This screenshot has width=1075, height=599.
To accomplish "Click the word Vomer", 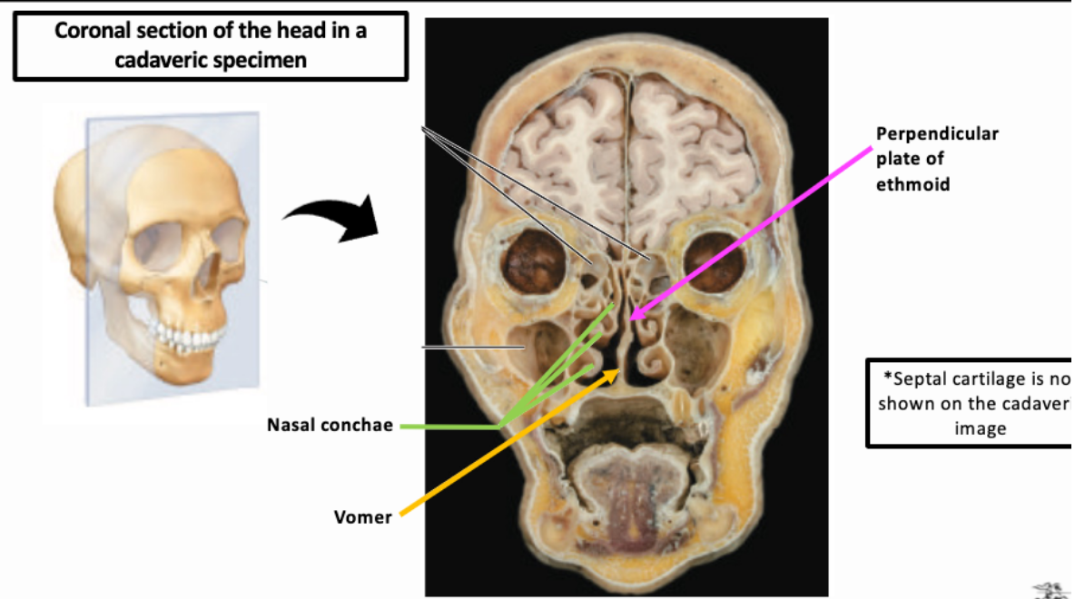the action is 363,517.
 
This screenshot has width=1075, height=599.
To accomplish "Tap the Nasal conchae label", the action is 330,425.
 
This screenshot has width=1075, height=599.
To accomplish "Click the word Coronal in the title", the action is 92,30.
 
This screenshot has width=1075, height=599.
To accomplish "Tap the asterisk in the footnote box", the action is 889,376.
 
